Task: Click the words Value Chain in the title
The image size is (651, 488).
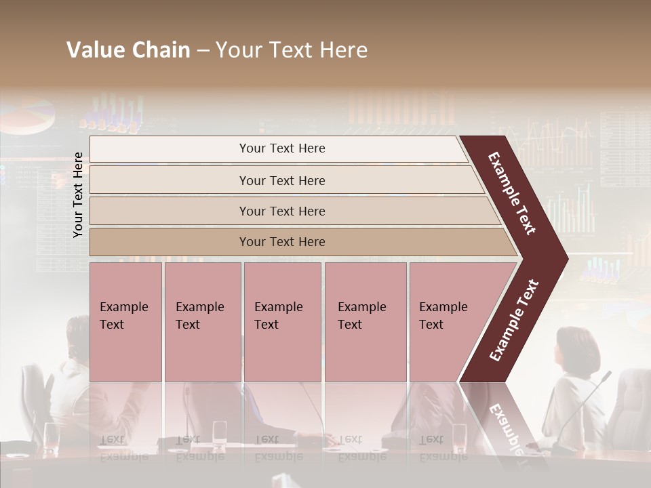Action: coord(128,50)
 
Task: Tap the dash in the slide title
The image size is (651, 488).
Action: coord(203,51)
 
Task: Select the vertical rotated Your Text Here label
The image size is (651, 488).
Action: coord(78,195)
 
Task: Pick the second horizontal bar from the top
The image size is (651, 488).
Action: coord(282,180)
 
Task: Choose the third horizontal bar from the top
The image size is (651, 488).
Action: coord(282,211)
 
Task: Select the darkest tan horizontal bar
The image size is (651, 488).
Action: coord(282,242)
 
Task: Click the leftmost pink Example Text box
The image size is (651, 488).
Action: coord(125,322)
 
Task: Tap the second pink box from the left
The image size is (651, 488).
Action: coord(202,322)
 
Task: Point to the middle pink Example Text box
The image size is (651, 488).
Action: coord(282,322)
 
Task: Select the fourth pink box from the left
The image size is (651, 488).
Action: coord(366,322)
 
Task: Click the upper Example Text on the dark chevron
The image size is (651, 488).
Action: coord(512,193)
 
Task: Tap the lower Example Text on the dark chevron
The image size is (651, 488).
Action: coord(513,321)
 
